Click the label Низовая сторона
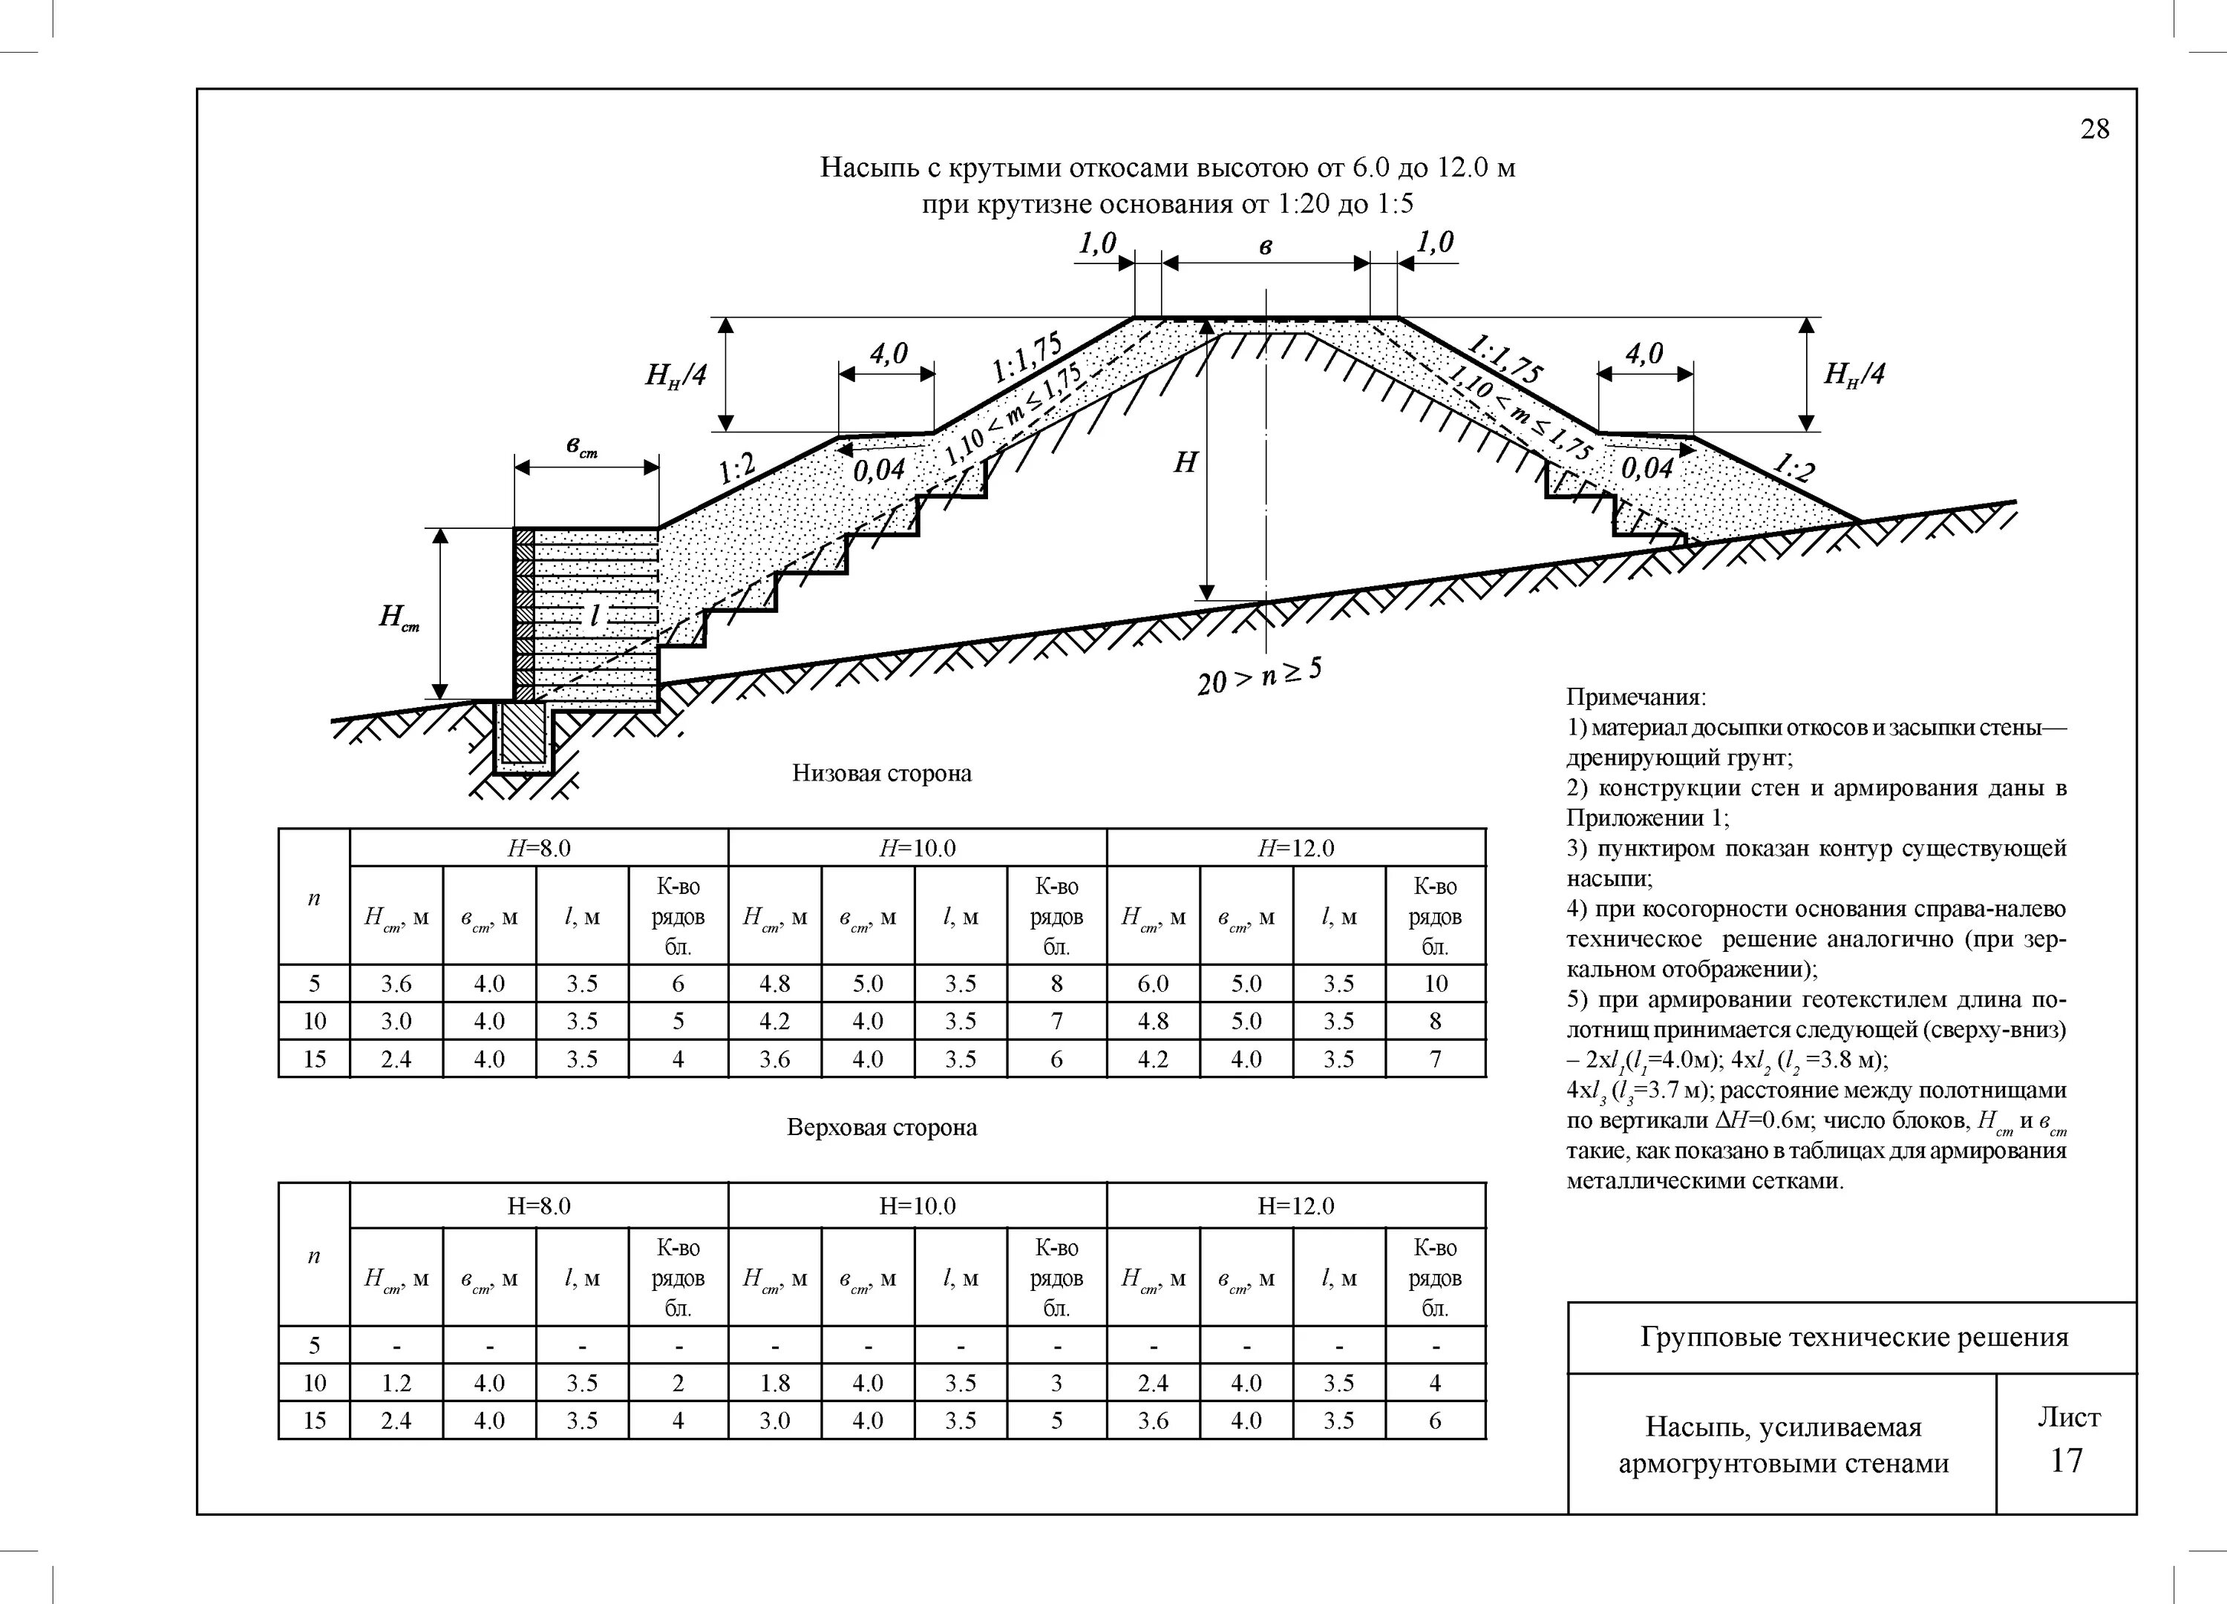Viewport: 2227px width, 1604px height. point(881,774)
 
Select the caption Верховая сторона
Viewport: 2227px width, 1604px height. point(881,1127)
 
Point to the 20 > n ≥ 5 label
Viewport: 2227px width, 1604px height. point(1259,677)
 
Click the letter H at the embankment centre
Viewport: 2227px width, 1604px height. point(1186,462)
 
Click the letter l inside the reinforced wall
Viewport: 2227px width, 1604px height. point(594,616)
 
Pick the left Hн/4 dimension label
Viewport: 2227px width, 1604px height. point(675,374)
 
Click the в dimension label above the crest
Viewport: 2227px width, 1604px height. point(1265,247)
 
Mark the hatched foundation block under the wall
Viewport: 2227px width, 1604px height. point(523,734)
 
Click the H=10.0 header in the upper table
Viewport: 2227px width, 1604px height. point(916,848)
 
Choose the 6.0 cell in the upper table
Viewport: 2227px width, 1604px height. point(1153,984)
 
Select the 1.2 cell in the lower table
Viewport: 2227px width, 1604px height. point(396,1383)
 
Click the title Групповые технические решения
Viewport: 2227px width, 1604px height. point(1853,1337)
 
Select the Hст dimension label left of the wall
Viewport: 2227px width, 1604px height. point(399,617)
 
